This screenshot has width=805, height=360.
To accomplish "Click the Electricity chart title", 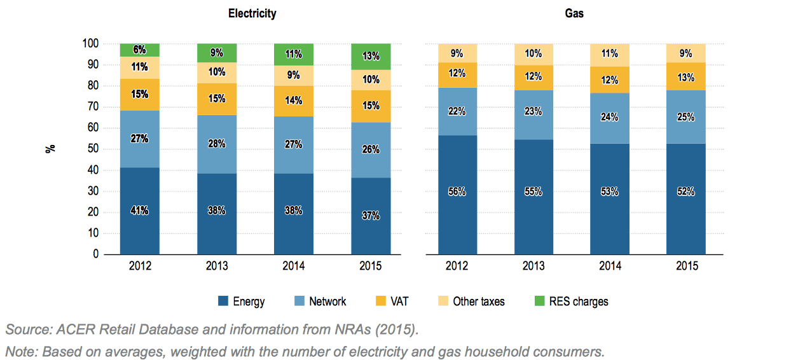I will point(252,13).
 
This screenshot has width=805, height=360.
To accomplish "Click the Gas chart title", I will point(574,13).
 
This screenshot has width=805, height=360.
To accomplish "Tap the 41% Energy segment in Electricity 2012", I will point(139,211).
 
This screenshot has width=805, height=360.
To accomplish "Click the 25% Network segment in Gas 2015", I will point(686,117).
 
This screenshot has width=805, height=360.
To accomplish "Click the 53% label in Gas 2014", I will point(610,191).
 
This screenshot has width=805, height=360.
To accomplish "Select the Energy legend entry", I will point(242,301).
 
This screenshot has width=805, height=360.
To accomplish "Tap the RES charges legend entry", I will point(569,301).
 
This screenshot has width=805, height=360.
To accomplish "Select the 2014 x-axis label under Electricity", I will point(293,266).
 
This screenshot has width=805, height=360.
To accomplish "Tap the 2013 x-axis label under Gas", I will point(533,266).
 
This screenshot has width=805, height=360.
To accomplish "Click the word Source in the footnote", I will point(25,329).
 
